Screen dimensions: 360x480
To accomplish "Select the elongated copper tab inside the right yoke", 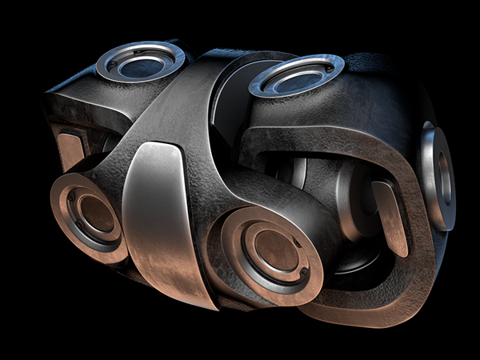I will click(x=390, y=217).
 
